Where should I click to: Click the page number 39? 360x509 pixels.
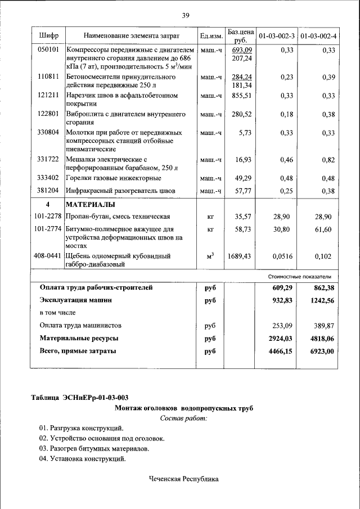pyautogui.click(x=185, y=15)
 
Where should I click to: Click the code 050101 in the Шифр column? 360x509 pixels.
pyautogui.click(x=48, y=51)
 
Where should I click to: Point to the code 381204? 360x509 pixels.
pyautogui.click(x=48, y=191)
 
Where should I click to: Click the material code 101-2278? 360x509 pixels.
pyautogui.click(x=48, y=217)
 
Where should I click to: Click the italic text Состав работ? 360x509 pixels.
pyautogui.click(x=184, y=418)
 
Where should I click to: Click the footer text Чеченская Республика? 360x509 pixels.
pyautogui.click(x=183, y=479)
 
